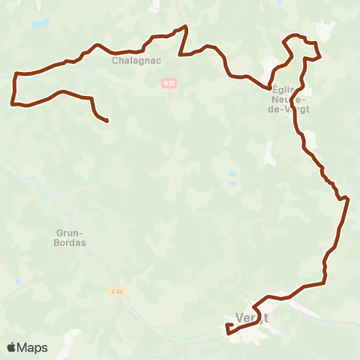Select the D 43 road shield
(116, 291)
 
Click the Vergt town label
(252, 317)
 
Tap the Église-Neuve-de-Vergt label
(288, 98)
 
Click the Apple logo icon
(12, 347)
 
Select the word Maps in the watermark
(32, 347)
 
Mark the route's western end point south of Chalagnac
(108, 121)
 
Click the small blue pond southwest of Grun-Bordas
(16, 281)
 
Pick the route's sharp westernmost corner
(13, 103)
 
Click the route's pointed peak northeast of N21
(185, 26)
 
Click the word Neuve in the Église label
(286, 98)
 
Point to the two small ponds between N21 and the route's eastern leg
(232, 178)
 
